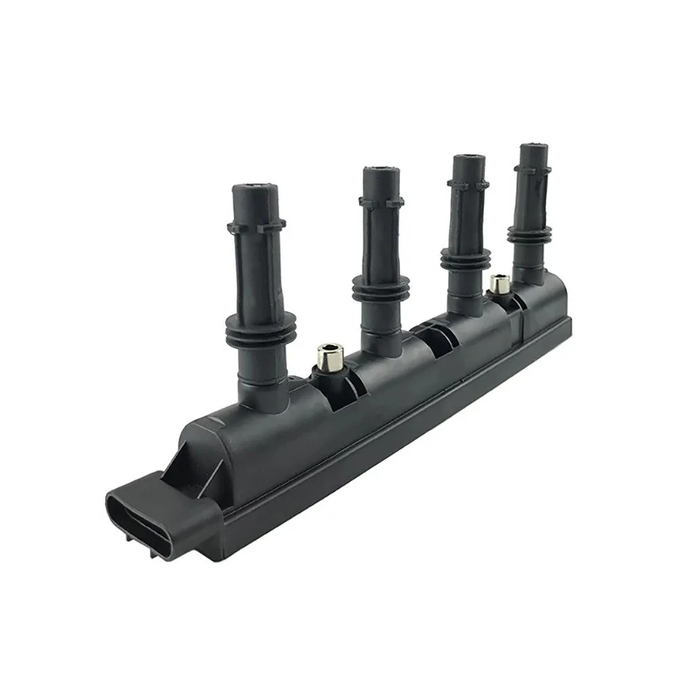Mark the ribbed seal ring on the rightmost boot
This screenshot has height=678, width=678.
(529, 234)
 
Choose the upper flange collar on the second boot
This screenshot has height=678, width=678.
(382, 201)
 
